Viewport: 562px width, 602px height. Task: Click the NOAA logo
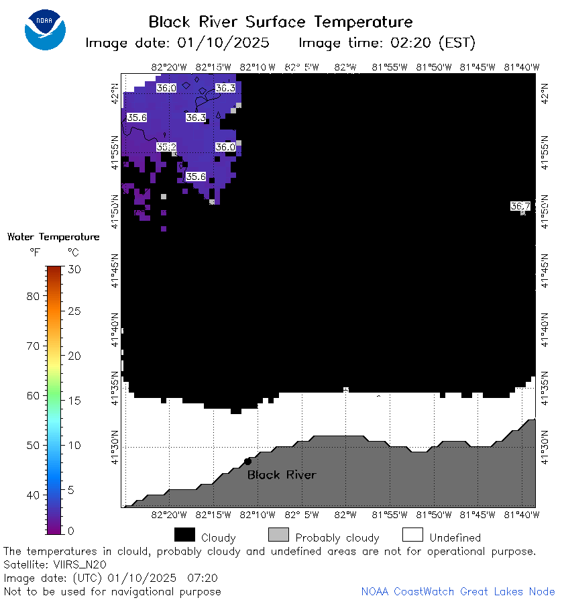click(45, 30)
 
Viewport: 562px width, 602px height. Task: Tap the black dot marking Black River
click(248, 461)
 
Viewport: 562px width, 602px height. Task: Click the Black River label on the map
click(282, 475)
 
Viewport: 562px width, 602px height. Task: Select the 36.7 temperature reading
click(520, 206)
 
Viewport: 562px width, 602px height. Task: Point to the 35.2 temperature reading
click(166, 147)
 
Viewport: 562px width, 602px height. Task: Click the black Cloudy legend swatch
click(184, 534)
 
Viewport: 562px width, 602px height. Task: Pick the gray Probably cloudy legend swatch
click(278, 534)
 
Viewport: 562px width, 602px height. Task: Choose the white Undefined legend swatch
click(412, 534)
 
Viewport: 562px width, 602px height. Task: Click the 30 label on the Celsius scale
click(74, 270)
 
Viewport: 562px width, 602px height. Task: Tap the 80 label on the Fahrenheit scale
click(33, 297)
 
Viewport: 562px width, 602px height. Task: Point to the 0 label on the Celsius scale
click(71, 531)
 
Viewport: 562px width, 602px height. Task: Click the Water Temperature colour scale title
click(54, 237)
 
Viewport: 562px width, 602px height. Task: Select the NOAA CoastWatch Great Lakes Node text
click(458, 591)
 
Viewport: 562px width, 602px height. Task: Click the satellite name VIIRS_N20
click(80, 565)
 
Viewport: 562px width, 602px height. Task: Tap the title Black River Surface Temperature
click(280, 22)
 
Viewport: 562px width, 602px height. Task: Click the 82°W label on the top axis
click(345, 67)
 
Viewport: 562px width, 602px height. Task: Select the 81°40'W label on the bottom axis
click(522, 515)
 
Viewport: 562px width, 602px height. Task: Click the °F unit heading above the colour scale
click(35, 252)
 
